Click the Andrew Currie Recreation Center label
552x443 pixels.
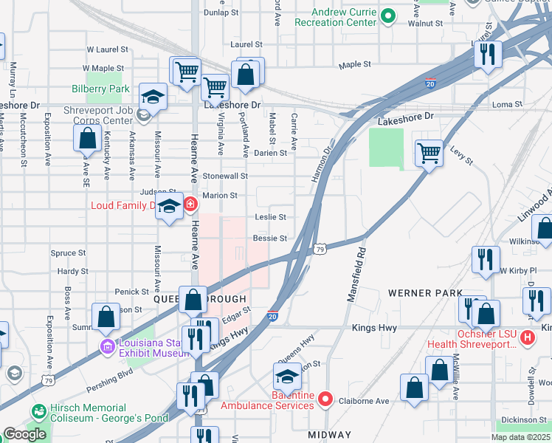point(345,17)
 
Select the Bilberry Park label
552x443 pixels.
point(100,89)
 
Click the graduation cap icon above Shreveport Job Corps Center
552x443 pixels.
point(153,97)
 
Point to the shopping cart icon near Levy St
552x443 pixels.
point(428,154)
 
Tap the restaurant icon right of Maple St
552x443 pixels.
point(487,54)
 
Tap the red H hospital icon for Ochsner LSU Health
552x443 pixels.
point(528,338)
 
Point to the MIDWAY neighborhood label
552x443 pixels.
point(329,435)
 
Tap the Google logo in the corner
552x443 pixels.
point(24,434)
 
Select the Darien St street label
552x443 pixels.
point(270,154)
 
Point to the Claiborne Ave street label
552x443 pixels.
point(363,401)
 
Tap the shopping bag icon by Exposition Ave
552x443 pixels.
point(88,138)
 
